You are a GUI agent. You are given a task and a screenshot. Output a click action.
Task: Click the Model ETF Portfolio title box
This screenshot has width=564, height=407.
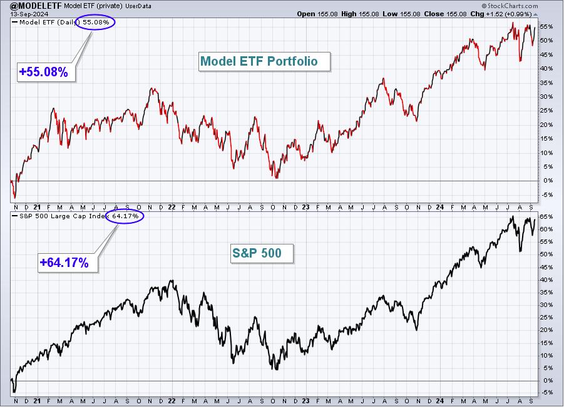264,61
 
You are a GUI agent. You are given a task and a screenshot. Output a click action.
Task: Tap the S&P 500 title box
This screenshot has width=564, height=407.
262,253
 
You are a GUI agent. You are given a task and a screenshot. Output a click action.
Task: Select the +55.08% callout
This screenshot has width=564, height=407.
46,72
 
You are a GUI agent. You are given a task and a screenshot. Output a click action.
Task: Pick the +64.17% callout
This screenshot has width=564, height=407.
68,263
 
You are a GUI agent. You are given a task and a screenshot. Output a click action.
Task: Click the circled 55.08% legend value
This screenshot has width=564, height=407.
96,23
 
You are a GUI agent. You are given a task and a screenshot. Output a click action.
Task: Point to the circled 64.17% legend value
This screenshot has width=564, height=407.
125,216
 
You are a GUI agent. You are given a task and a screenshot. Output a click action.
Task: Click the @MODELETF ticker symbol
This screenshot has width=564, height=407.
36,6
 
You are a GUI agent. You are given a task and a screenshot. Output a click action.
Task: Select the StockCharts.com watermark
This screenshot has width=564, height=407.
510,6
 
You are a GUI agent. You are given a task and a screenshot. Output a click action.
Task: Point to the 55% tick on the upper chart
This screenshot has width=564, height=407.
546,27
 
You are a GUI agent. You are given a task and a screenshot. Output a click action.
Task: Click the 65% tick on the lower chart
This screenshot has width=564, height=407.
546,216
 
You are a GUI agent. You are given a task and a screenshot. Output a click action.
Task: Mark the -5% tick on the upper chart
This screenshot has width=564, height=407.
546,194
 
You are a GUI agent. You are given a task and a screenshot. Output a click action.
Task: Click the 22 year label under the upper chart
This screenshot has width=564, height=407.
172,208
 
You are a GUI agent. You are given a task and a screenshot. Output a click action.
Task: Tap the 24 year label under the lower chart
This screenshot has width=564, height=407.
439,401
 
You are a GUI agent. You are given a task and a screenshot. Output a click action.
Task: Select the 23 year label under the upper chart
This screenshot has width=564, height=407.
305,208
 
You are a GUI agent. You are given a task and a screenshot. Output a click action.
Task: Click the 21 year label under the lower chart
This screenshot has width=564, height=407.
37,401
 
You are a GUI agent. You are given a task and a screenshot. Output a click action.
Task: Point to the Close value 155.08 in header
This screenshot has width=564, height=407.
456,14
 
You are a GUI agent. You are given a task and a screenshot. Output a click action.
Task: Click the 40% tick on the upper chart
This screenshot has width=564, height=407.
546,69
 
